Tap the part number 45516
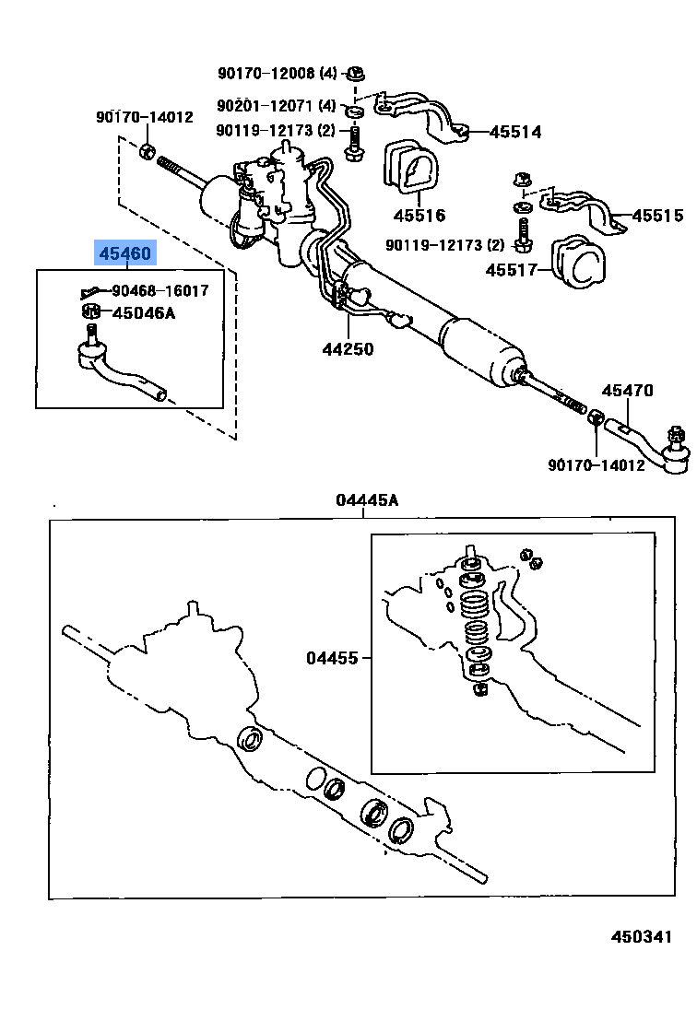(x=419, y=216)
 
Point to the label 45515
(x=657, y=217)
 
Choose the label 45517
(x=512, y=270)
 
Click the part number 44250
(x=348, y=349)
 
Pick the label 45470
(x=627, y=391)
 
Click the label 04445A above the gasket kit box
(x=367, y=500)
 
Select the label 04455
(x=333, y=658)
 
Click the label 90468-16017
(x=160, y=290)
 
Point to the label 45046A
(x=143, y=313)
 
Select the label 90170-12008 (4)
(x=278, y=73)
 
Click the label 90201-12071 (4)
(x=278, y=106)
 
